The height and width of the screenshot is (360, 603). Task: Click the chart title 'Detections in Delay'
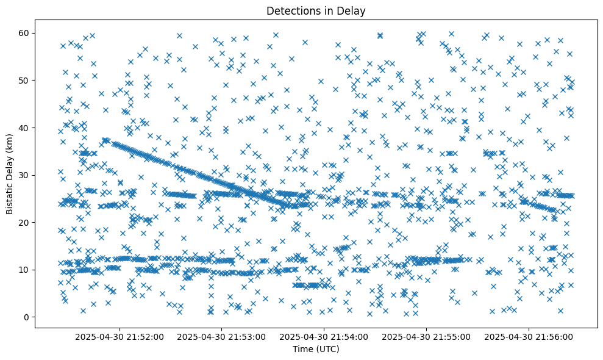tap(316, 10)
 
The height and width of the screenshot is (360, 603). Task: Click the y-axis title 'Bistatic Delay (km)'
tap(10, 172)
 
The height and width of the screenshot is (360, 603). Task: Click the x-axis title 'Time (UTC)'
tap(316, 349)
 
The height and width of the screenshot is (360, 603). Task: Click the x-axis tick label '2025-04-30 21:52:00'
tap(120, 336)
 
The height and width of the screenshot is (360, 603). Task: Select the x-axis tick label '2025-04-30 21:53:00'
tap(222, 336)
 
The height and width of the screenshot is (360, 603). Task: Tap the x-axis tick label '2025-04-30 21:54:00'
tap(324, 336)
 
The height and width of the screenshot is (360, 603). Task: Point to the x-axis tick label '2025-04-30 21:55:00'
tap(426, 336)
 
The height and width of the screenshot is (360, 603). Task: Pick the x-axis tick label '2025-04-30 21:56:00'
tap(528, 336)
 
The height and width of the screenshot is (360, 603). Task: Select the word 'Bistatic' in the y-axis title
tap(10, 196)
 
